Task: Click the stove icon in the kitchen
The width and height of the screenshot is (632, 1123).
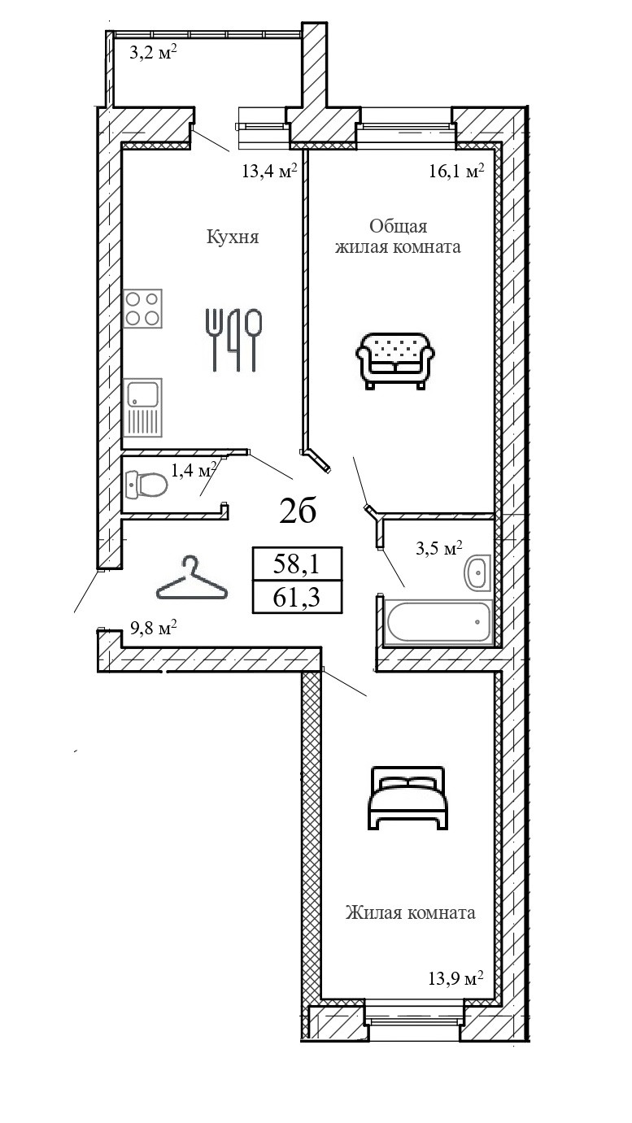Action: pos(142,309)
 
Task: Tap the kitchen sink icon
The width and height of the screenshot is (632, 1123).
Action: pos(144,408)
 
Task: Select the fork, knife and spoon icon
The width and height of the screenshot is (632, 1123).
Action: pos(233,339)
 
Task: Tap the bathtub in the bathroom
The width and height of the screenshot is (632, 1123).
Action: pos(438,623)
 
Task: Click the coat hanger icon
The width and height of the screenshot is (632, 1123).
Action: pos(192,579)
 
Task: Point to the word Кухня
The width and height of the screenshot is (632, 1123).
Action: pos(233,237)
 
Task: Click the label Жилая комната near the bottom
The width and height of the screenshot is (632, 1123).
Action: pos(410,912)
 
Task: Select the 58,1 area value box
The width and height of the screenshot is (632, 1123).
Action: pos(297,564)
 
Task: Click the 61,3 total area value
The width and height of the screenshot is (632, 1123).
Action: pos(297,598)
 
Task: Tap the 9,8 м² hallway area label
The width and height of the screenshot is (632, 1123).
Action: pos(154,628)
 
